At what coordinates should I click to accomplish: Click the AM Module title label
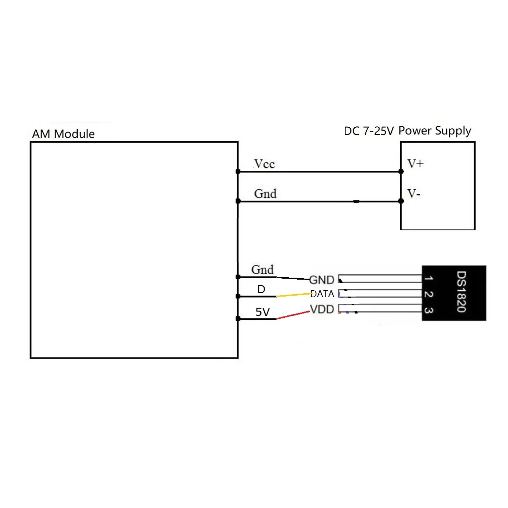(63, 134)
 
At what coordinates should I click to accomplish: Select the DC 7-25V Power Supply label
(407, 131)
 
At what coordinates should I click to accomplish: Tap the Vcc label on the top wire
(265, 164)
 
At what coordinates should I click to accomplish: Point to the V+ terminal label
(415, 164)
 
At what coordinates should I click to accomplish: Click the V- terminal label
(413, 194)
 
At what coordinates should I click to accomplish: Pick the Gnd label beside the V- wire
(266, 194)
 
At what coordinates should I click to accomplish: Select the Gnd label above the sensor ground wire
(263, 269)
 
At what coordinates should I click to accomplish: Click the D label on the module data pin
(261, 289)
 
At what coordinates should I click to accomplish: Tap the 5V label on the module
(262, 312)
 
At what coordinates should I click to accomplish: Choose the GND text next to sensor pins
(322, 280)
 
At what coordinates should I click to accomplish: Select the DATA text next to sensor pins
(322, 294)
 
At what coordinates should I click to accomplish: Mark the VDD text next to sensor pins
(322, 309)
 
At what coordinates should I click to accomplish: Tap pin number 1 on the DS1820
(428, 279)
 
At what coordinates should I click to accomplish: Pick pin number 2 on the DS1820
(428, 294)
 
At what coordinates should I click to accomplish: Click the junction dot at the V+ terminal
(401, 171)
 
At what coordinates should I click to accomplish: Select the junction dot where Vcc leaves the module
(238, 171)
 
